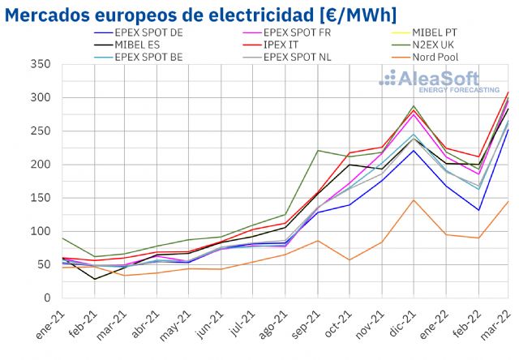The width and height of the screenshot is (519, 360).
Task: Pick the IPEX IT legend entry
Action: [285, 45]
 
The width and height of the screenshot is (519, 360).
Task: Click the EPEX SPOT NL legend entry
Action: [302, 57]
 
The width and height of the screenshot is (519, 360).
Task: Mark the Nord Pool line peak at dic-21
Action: [414, 199]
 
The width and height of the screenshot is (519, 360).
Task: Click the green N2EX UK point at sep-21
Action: [317, 151]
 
